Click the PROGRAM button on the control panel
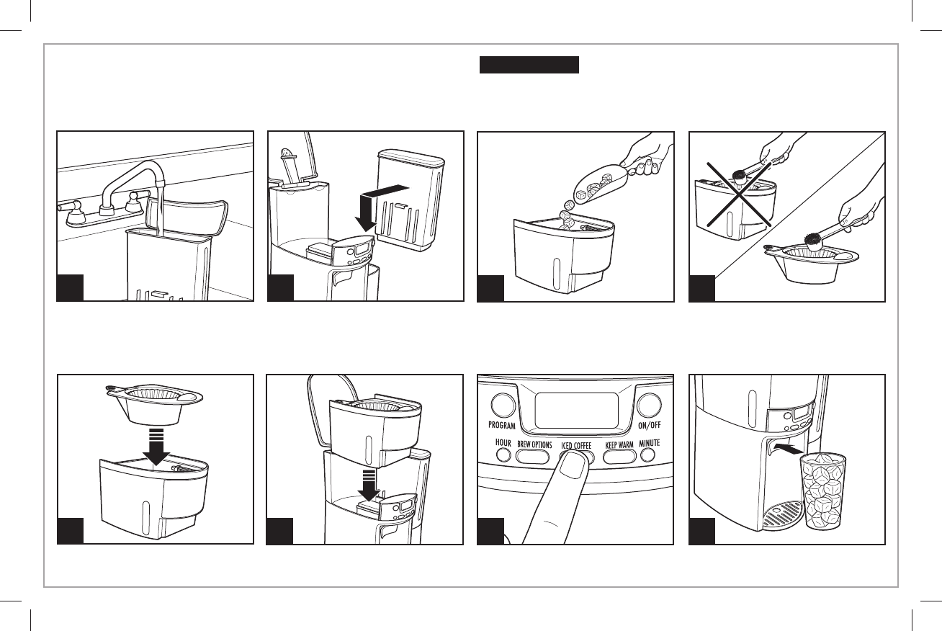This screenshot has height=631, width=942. point(503,405)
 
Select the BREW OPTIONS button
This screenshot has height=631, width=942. point(534,455)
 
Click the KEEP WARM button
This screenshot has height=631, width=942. point(619,455)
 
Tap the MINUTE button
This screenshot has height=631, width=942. point(649,455)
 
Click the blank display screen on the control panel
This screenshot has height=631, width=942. point(578,408)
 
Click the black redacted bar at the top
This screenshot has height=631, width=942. point(529,64)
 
